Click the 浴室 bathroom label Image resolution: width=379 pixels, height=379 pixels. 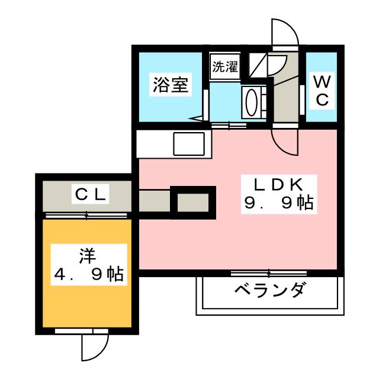(171, 85)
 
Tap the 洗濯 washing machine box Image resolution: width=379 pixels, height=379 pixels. (225, 66)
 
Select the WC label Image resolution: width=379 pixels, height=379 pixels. (322, 91)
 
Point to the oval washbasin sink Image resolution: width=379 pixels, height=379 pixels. (251, 102)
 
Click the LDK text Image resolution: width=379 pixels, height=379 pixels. (278, 185)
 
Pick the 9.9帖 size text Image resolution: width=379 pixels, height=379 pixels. (278, 203)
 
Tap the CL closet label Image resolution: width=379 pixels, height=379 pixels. (91, 194)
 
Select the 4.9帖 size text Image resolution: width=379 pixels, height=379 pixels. (88, 274)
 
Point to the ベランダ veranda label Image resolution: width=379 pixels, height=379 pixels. (269, 290)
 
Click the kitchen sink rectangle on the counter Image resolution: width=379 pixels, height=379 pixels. (189, 144)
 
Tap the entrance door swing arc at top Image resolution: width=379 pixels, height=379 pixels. (285, 32)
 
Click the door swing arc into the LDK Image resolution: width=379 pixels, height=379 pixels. (285, 142)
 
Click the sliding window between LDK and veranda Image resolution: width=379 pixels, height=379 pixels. (269, 274)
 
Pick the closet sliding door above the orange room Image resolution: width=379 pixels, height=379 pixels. (86, 216)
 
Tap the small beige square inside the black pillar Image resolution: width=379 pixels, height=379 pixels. (193, 203)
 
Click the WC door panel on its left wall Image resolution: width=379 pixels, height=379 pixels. (302, 100)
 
